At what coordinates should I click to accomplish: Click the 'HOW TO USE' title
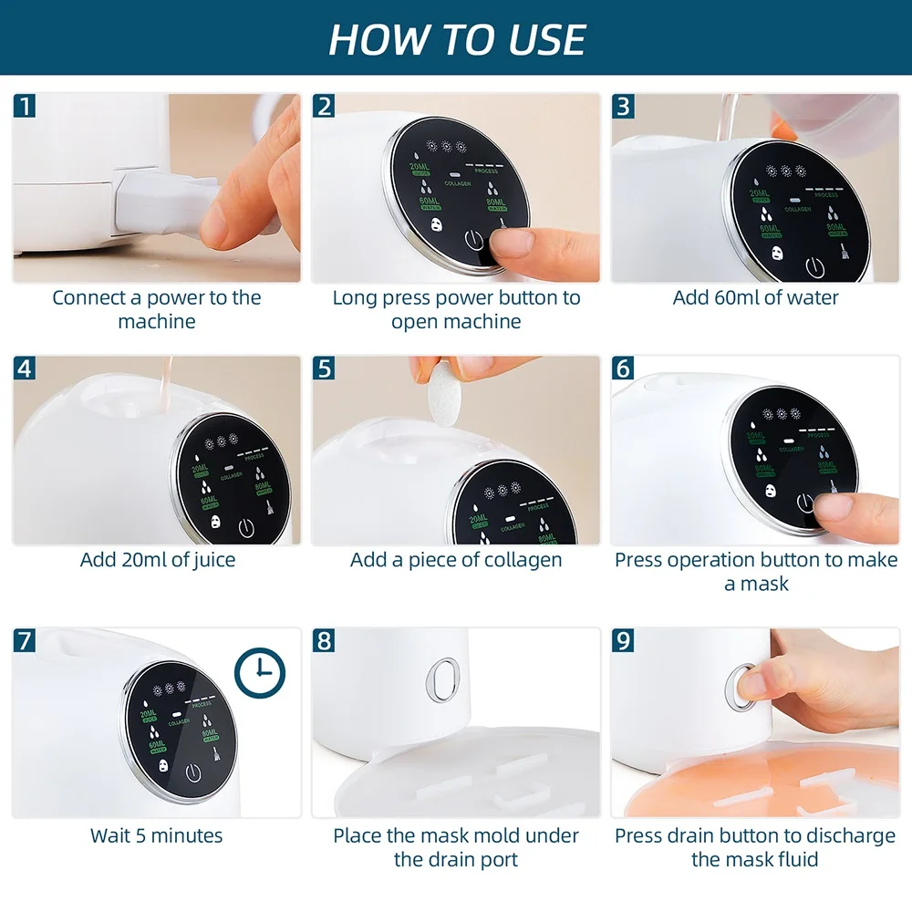[x=456, y=38]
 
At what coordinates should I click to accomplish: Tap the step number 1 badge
[x=25, y=106]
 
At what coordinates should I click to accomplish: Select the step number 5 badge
[x=324, y=368]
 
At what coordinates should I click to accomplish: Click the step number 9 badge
[x=623, y=640]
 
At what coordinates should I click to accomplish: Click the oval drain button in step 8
[x=444, y=679]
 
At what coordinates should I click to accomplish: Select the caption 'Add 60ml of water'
[x=755, y=297]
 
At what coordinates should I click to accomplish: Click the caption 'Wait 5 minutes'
[x=156, y=835]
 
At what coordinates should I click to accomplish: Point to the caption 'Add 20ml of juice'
[x=157, y=560]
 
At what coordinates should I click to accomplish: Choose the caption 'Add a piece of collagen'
[x=456, y=560]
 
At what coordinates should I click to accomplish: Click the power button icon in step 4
[x=246, y=527]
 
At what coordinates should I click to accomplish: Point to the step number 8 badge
[x=324, y=640]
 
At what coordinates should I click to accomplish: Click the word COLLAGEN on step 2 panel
[x=457, y=184]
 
